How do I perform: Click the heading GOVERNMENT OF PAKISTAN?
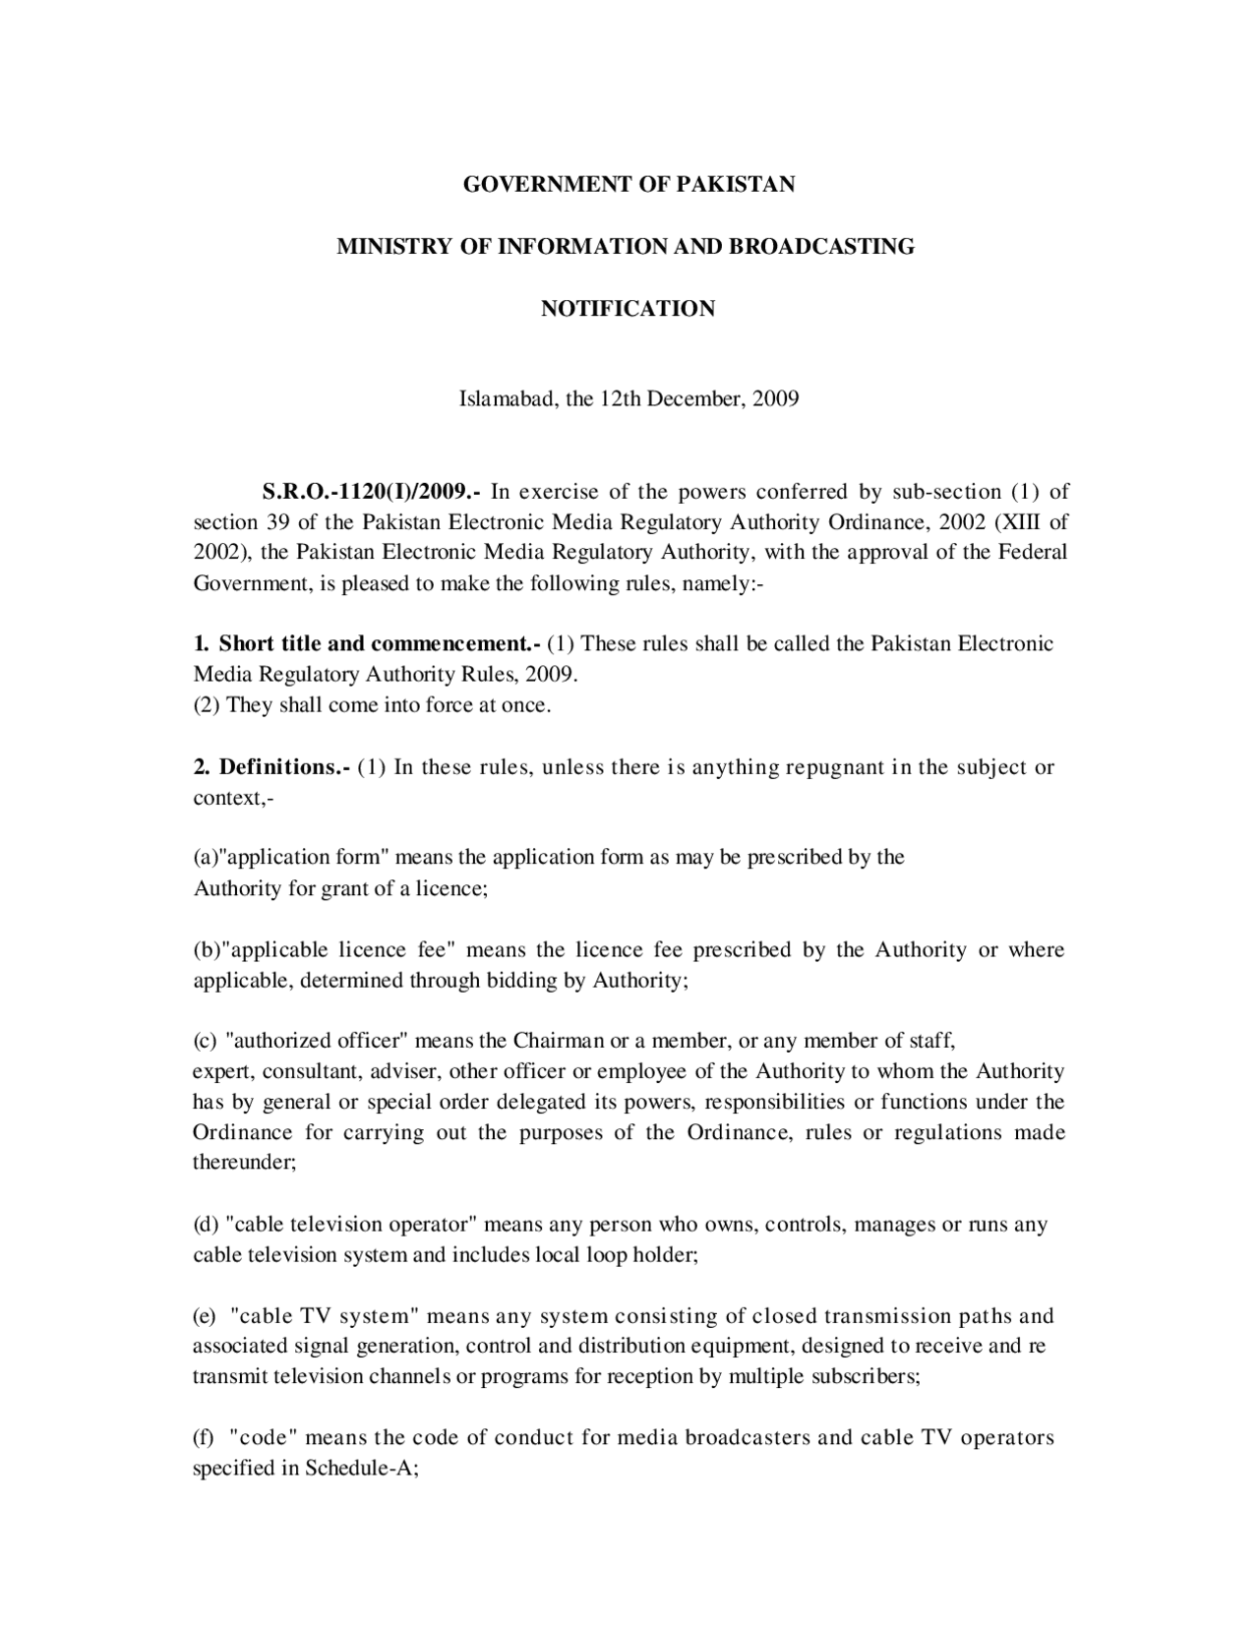629,184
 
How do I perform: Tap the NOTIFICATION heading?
629,309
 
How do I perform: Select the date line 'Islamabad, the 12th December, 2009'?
629,399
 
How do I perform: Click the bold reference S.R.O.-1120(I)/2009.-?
371,491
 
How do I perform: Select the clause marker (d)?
206,1225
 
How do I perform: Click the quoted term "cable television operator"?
351,1225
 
